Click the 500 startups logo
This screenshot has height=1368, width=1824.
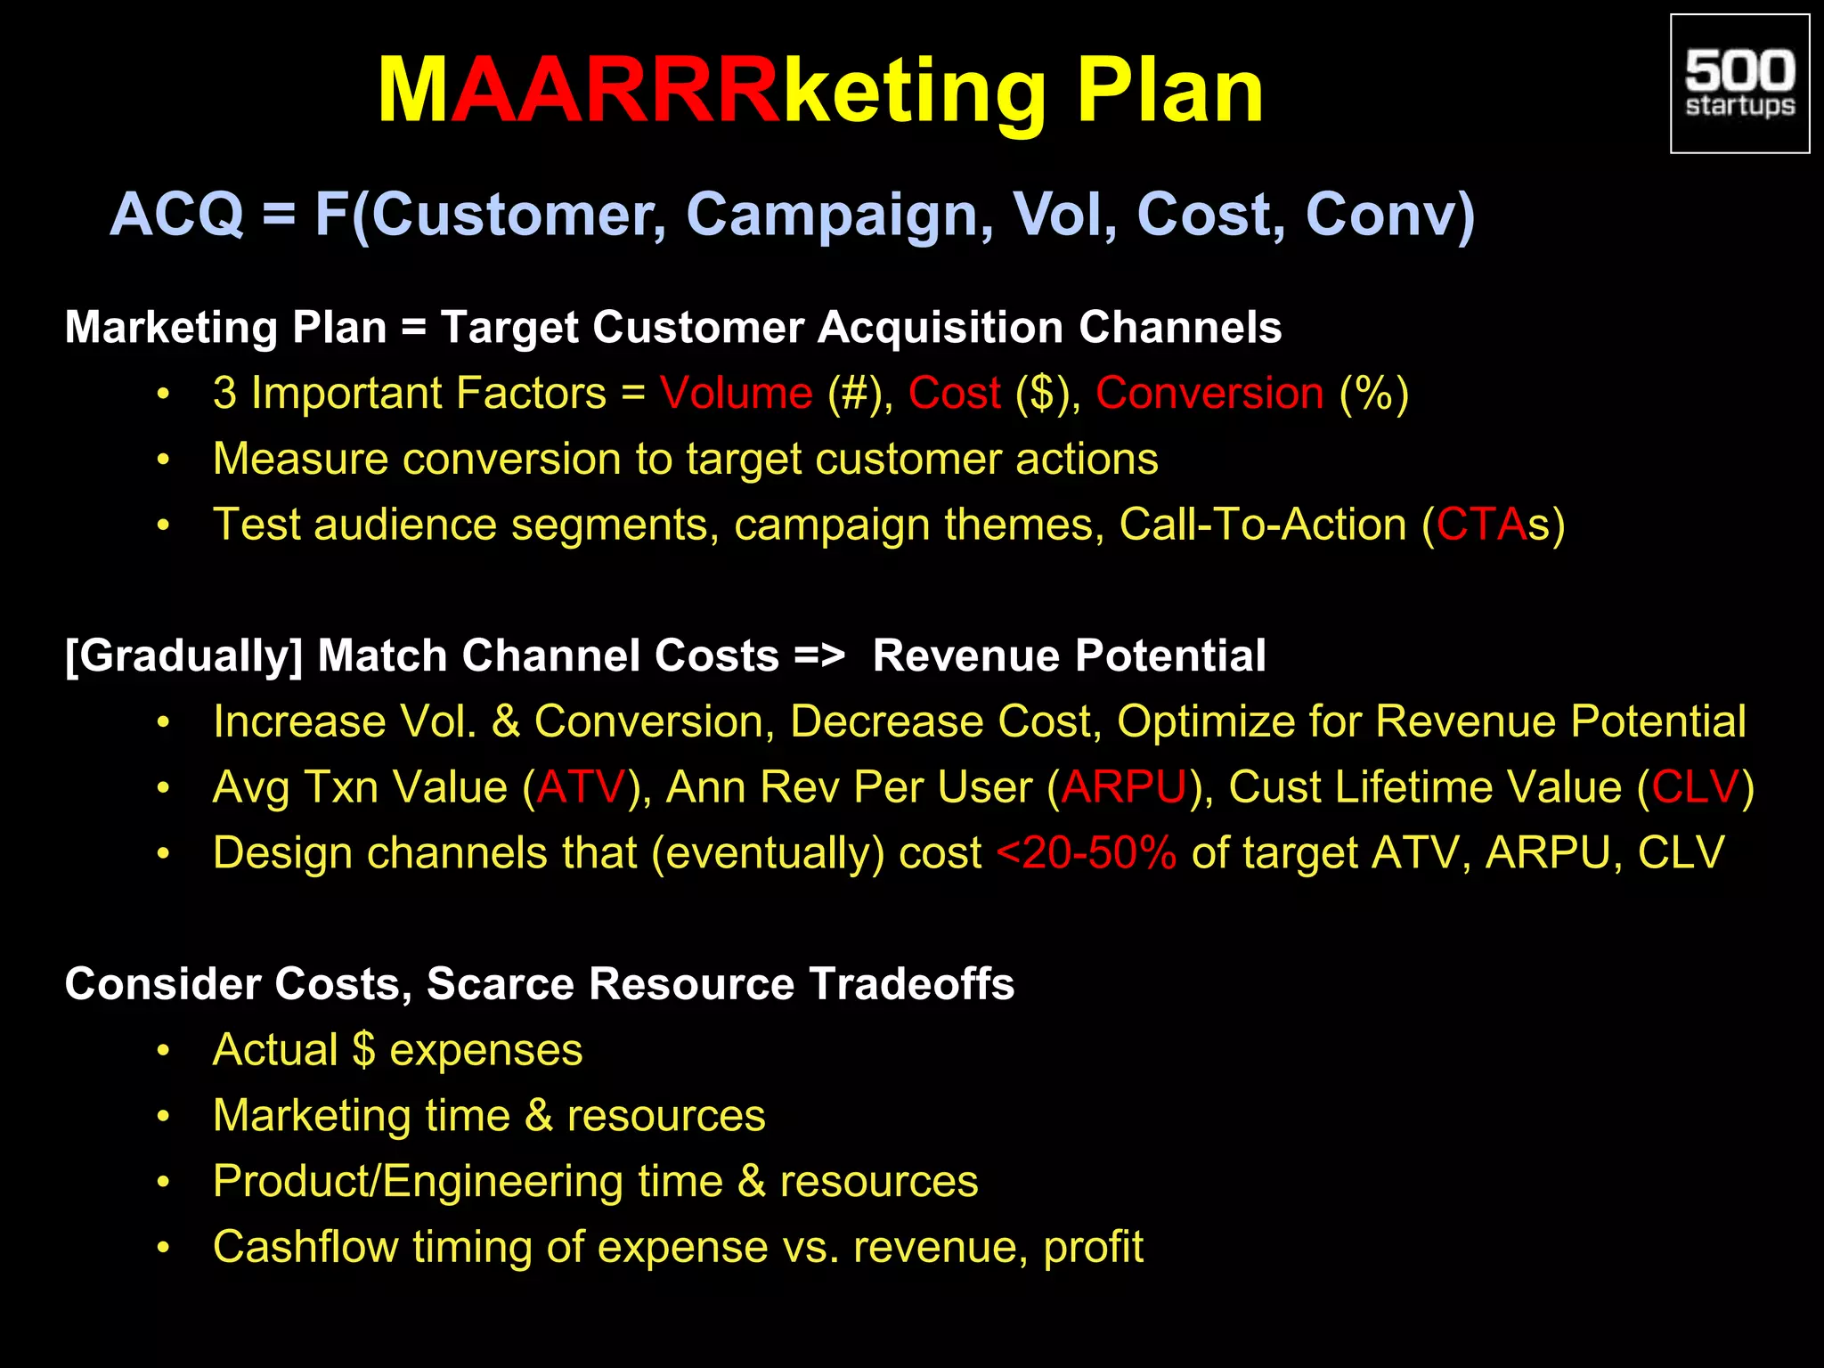tap(1739, 85)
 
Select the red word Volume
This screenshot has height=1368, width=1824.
tap(736, 393)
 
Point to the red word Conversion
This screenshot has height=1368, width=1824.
tap(1209, 393)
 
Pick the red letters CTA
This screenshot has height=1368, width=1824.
tap(1481, 525)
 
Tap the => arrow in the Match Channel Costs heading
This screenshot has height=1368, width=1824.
tap(818, 656)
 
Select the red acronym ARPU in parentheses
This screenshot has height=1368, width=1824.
tap(1124, 787)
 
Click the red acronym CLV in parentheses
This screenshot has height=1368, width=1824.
tap(1695, 787)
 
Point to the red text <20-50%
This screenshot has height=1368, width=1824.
tap(1087, 853)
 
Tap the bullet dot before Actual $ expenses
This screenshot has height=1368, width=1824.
tap(163, 1051)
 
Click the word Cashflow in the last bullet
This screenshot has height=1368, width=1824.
tap(305, 1247)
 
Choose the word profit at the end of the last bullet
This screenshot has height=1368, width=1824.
tap(1093, 1247)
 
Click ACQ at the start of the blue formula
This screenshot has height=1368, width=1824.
tap(176, 216)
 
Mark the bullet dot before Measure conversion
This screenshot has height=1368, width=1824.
tap(163, 460)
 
